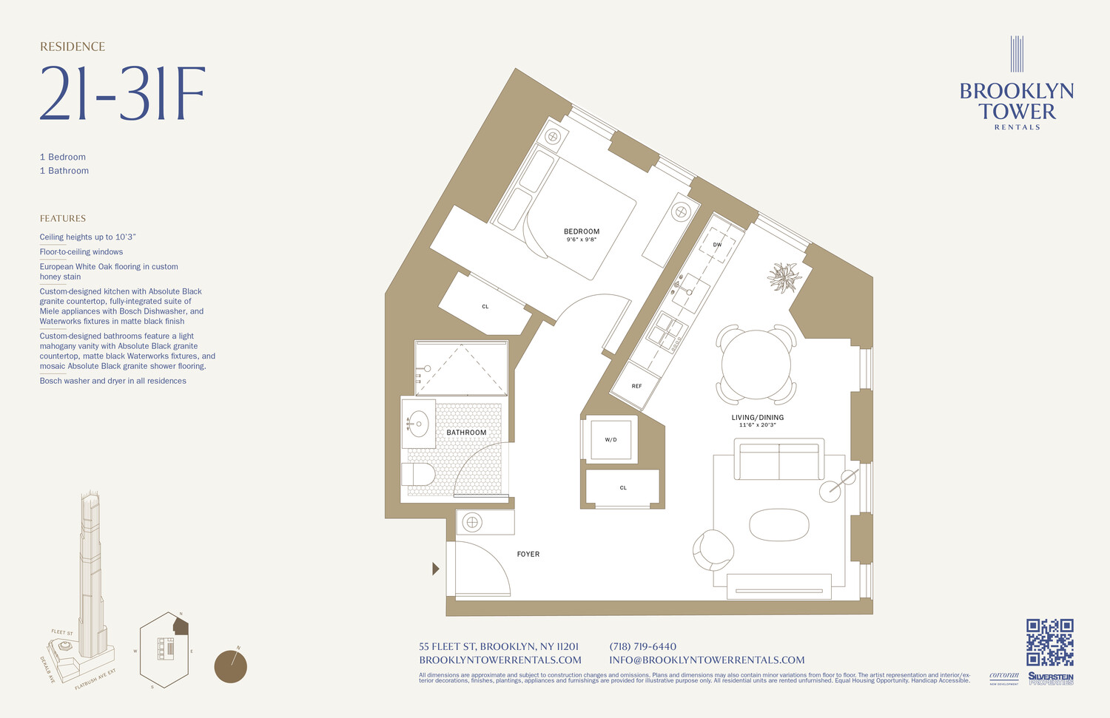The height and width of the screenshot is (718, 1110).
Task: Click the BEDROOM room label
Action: coord(582,231)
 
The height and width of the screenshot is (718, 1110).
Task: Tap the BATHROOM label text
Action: coord(466,433)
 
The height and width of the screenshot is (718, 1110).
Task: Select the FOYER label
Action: coord(528,554)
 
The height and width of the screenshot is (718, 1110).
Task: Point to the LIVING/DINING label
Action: coord(757,418)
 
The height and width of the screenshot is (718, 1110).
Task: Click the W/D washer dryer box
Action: coord(610,440)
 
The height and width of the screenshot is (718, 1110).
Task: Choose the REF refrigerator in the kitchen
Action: coord(636,386)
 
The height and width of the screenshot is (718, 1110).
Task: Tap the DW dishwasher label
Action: coord(717,245)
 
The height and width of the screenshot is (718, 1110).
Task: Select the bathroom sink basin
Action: coord(418,424)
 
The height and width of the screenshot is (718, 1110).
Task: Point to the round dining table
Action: coord(756,364)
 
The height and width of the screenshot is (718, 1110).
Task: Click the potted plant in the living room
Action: coord(784,277)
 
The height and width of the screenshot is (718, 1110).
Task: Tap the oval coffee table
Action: coord(778,525)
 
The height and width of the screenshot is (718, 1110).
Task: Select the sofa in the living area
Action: coord(778,460)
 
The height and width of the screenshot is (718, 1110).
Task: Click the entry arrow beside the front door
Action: coord(435,569)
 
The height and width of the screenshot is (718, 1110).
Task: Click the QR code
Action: coord(1049,643)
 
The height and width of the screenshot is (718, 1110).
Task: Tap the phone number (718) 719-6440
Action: coord(642,646)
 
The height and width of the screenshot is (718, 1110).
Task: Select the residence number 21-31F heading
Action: coord(122,94)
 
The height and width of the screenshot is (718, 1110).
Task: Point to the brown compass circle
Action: coord(230,666)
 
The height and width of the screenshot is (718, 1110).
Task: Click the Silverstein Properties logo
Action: coord(1050,678)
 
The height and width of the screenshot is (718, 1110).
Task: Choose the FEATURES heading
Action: coord(63,218)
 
